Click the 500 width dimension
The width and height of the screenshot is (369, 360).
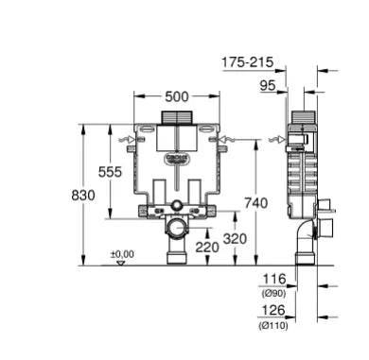[178, 96]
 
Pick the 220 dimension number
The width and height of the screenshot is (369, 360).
[205, 248]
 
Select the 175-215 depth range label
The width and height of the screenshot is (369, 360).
[247, 62]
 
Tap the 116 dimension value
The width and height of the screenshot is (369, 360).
[274, 280]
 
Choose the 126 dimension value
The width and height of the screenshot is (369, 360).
[274, 309]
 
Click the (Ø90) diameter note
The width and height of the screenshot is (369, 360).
[274, 293]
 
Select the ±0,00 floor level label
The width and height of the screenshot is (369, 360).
[122, 253]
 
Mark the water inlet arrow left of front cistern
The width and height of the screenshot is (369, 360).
[124, 142]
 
